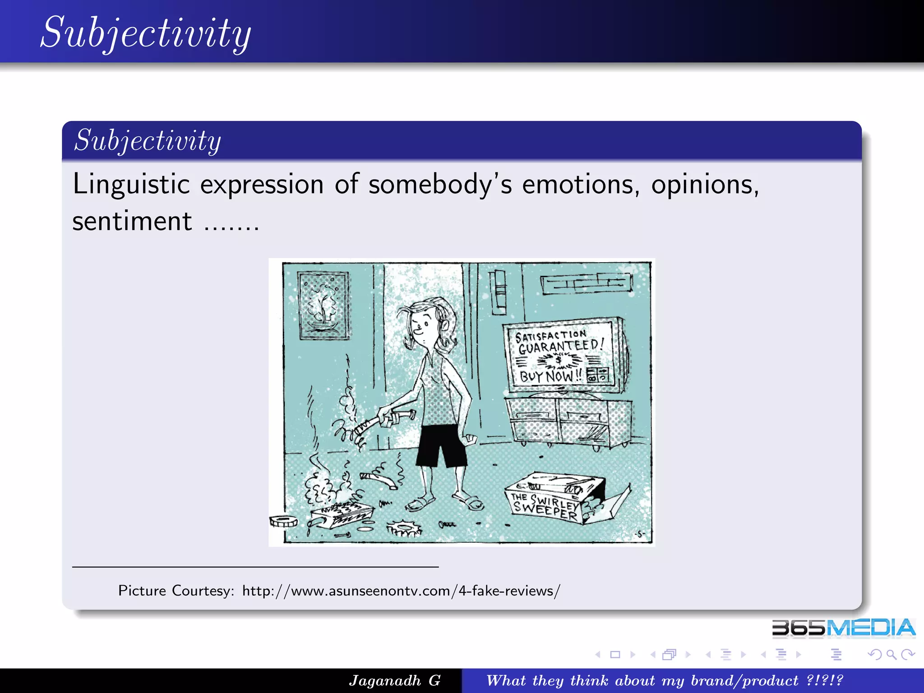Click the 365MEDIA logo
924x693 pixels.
coord(843,628)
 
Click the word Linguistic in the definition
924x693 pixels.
coord(131,185)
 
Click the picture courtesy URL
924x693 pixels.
coord(401,591)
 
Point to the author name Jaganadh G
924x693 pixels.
coord(394,680)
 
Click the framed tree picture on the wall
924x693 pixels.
coord(323,305)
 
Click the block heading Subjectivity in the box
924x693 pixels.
coord(148,140)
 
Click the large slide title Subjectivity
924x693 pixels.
coord(146,32)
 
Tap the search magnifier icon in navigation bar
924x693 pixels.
coord(891,654)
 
